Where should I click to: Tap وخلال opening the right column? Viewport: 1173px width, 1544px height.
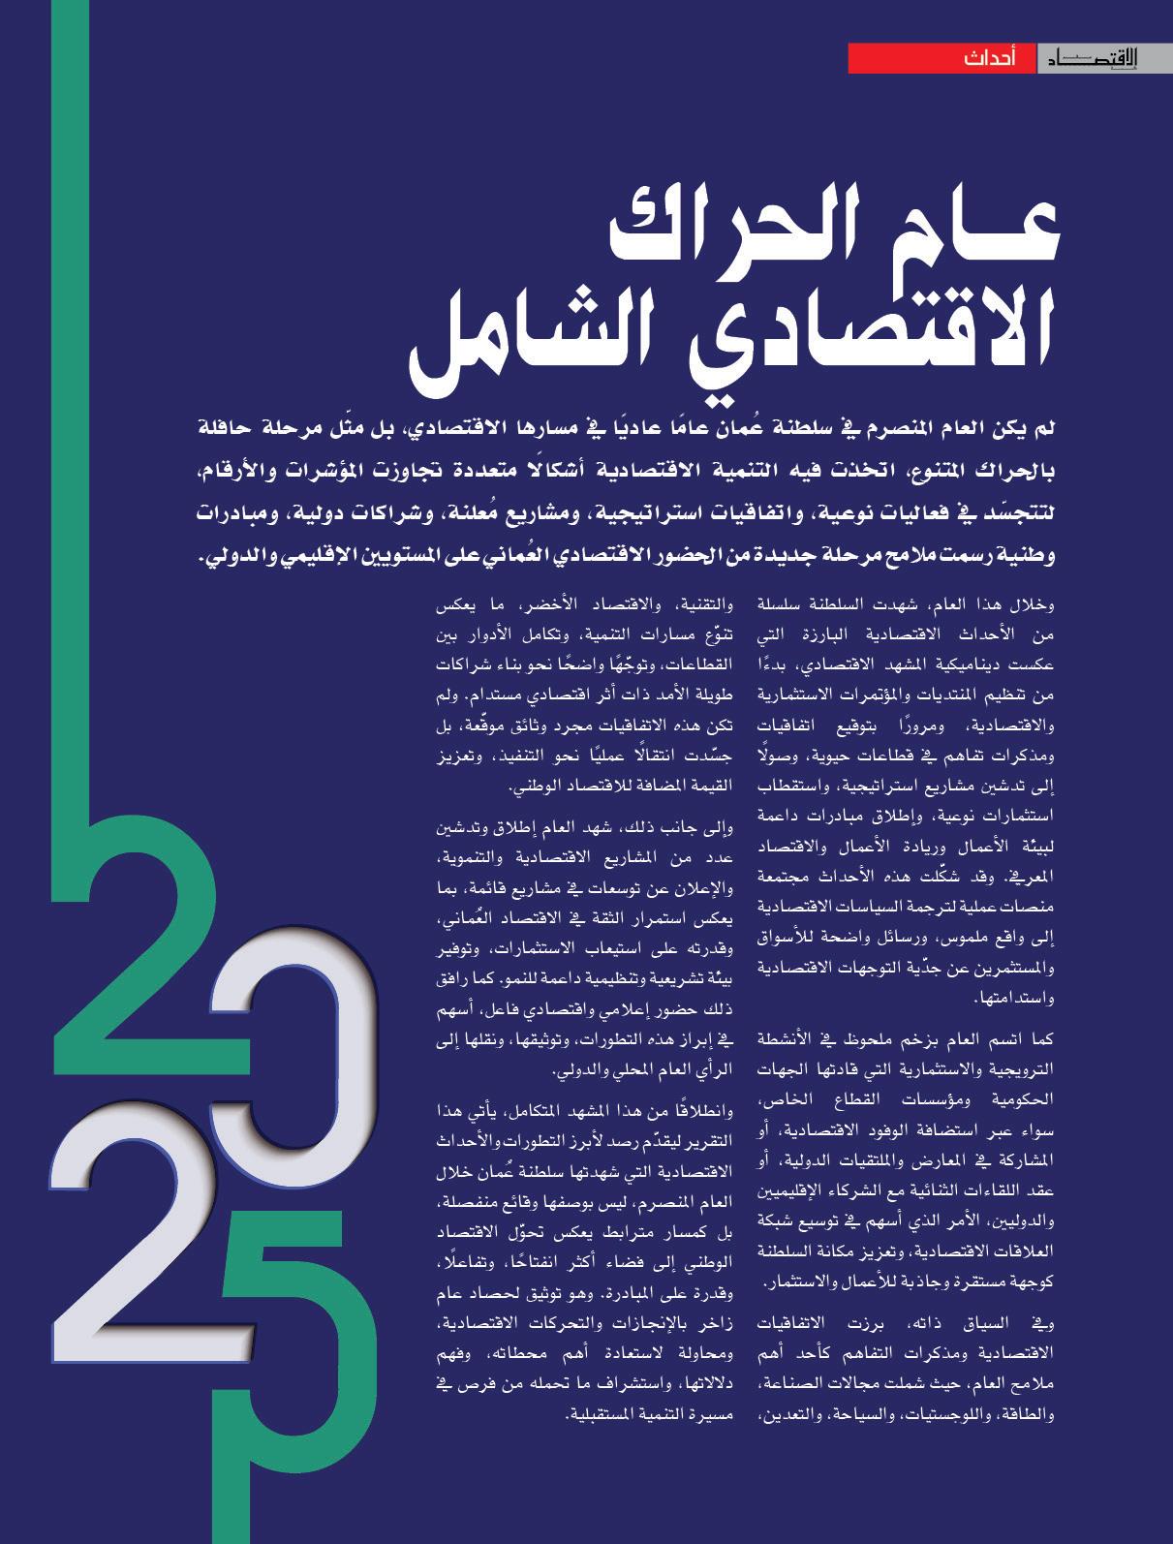(x=1030, y=607)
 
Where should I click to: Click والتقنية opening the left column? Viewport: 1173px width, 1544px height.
(x=706, y=607)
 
